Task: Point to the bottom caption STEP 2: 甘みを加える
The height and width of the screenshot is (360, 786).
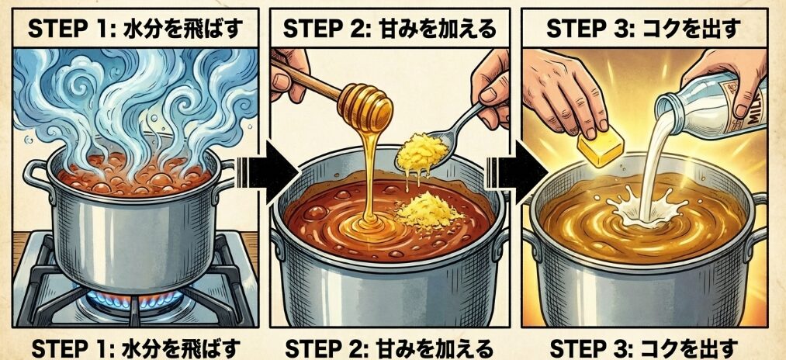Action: (x=390, y=345)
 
